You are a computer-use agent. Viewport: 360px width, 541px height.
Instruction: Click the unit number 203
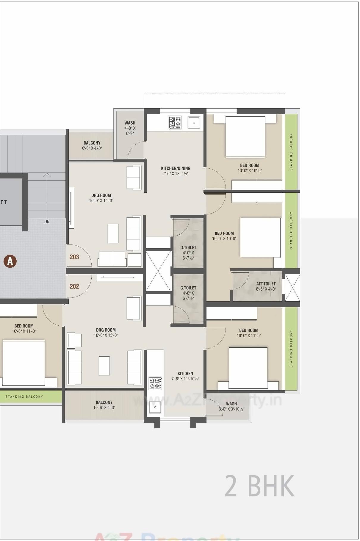[74, 257]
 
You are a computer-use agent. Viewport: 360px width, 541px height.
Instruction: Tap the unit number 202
[74, 286]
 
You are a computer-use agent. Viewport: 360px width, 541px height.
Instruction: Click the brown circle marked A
[10, 261]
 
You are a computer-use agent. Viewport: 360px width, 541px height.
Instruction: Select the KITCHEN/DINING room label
[176, 168]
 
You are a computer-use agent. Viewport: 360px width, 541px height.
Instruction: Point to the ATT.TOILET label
[266, 284]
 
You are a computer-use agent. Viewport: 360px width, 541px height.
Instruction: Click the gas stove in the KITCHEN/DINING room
[175, 122]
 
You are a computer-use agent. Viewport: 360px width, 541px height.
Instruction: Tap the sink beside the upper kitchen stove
[194, 122]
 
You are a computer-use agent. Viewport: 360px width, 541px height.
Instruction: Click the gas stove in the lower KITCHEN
[155, 383]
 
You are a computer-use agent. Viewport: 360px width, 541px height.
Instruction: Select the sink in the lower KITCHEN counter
[155, 407]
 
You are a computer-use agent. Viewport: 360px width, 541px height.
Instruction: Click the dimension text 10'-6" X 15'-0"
[106, 335]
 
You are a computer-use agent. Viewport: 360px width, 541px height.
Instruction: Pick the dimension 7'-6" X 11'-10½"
[185, 379]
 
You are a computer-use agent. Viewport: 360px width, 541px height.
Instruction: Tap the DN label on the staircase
[47, 222]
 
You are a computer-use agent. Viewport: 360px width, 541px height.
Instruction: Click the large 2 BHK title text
[259, 486]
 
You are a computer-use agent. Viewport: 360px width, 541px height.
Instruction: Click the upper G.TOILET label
[188, 247]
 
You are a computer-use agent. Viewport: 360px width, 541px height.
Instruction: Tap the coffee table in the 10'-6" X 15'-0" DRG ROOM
[104, 366]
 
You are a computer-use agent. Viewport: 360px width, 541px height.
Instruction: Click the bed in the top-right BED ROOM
[245, 137]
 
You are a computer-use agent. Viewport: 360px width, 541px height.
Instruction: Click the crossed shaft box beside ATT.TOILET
[292, 288]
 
